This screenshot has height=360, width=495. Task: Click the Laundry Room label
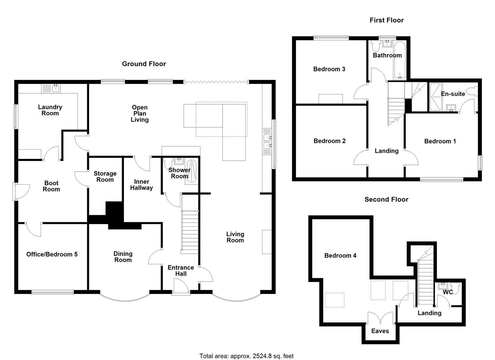[x=50, y=110]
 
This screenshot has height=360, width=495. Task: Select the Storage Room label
[x=105, y=177]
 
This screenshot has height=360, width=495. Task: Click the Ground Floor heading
[x=144, y=64]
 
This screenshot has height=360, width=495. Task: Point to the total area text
[x=246, y=356]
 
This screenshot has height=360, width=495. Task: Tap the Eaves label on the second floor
[x=380, y=331]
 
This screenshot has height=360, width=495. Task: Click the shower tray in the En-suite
[x=435, y=97]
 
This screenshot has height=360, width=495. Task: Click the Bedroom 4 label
[x=340, y=256]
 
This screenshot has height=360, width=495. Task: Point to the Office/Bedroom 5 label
[x=52, y=254]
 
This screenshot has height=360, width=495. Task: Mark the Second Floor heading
[x=386, y=199]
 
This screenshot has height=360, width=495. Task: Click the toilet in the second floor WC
[x=455, y=287]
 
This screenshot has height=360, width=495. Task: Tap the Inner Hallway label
[x=141, y=185]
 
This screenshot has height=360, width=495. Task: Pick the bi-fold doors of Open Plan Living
[x=216, y=81]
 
